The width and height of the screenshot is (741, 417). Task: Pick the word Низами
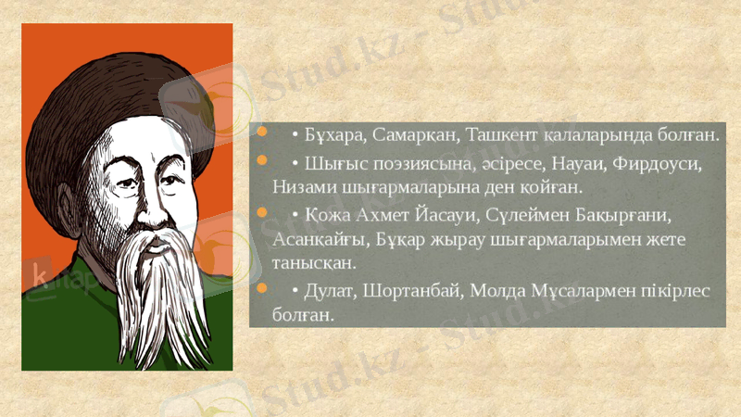pos(303,185)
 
